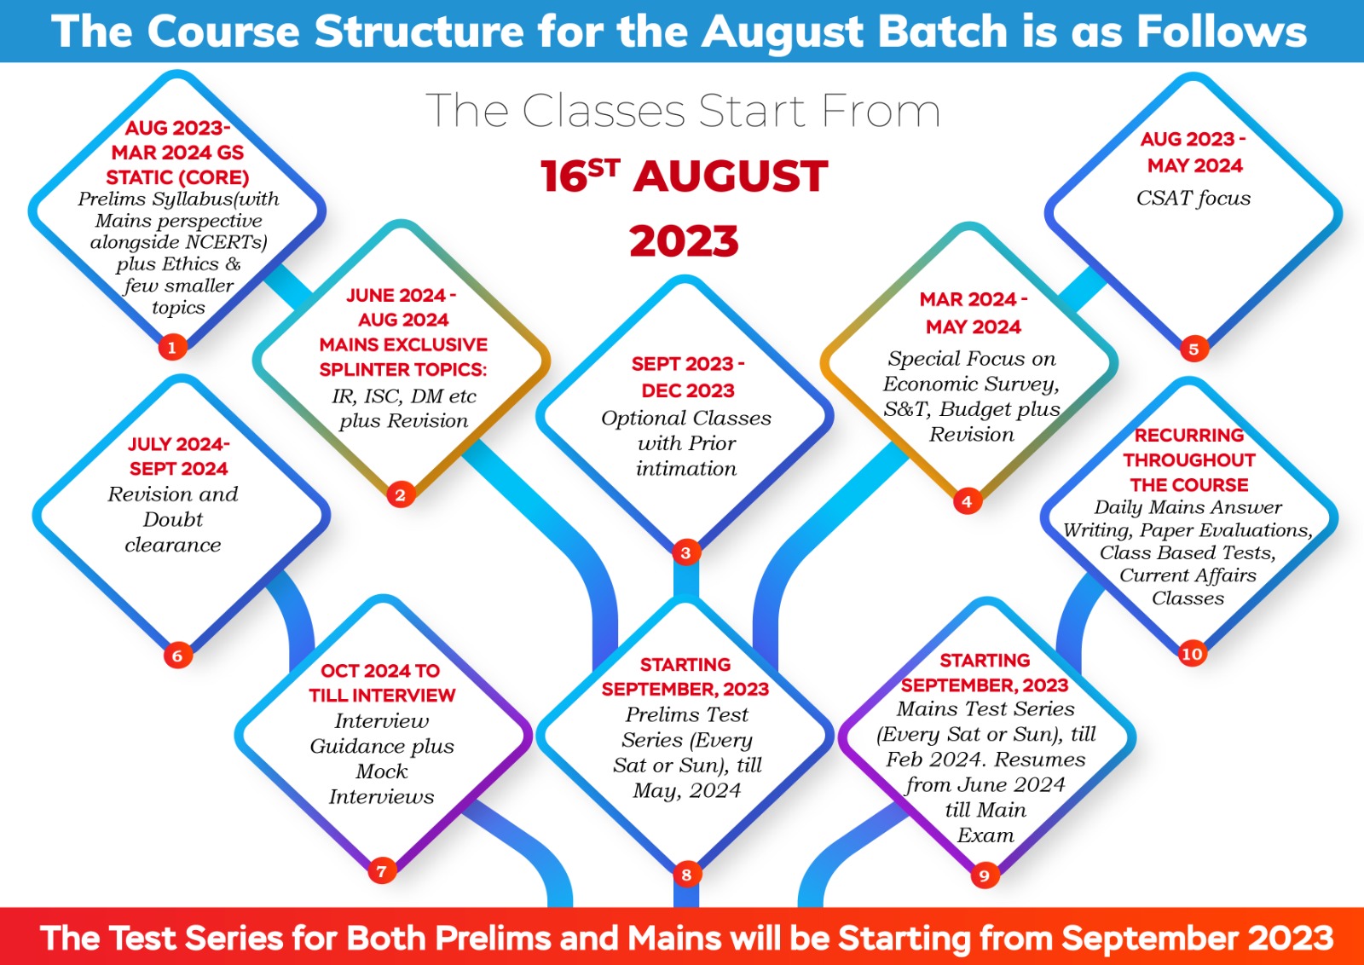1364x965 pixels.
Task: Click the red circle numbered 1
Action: point(172,347)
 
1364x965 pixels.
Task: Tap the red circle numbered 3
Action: point(685,552)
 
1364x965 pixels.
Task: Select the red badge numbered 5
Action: point(1193,349)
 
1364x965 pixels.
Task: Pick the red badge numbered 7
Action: point(382,870)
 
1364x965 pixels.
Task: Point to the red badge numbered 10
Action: point(1192,654)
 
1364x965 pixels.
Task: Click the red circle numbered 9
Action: point(984,875)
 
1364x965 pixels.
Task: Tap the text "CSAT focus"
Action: point(1193,199)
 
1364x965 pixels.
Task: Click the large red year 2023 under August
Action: point(684,241)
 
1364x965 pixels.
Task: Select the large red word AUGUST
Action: point(730,176)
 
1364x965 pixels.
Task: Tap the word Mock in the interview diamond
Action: point(382,771)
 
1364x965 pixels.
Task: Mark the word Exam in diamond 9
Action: point(985,835)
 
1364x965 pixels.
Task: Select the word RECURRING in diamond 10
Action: point(1188,436)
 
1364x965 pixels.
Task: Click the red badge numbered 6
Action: point(178,656)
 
